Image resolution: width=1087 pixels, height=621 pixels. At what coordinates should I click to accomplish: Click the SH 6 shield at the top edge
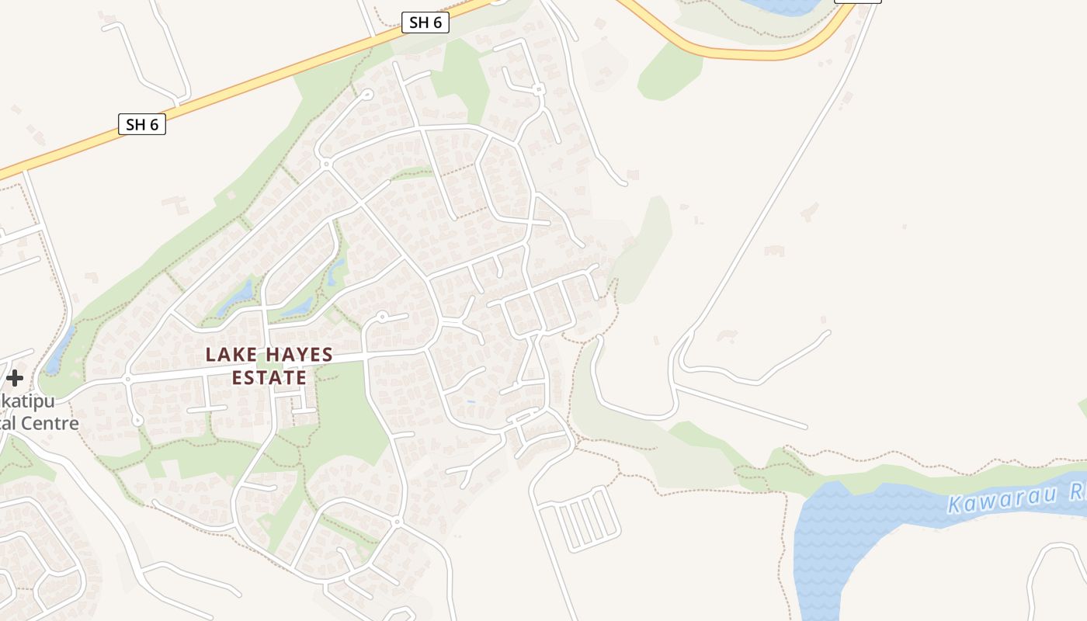click(425, 23)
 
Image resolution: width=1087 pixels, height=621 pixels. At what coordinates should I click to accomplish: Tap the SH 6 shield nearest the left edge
click(142, 124)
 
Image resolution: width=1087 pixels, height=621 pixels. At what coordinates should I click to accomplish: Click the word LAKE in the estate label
click(229, 356)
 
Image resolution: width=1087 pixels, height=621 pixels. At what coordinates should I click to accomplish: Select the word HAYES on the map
click(297, 356)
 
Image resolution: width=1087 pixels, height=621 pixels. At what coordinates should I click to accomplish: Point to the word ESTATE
click(269, 378)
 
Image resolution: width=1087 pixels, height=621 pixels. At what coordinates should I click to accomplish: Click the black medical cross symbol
click(15, 379)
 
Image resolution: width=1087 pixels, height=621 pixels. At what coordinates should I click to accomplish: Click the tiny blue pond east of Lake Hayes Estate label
click(471, 401)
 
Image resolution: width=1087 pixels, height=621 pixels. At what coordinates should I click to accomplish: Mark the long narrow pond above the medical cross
click(61, 349)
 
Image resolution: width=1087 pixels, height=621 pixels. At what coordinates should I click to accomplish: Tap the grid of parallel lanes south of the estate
click(582, 518)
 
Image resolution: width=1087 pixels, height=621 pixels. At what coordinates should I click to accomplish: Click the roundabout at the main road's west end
click(127, 380)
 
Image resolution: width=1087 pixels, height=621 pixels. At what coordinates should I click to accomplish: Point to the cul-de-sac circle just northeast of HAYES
click(381, 316)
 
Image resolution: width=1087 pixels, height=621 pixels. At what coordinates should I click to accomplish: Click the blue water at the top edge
click(784, 6)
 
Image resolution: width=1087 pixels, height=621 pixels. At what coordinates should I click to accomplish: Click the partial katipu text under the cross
click(31, 402)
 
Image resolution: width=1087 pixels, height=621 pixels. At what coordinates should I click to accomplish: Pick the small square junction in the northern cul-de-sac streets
click(538, 90)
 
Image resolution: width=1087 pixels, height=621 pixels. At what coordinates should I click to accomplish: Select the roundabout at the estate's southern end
click(397, 522)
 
